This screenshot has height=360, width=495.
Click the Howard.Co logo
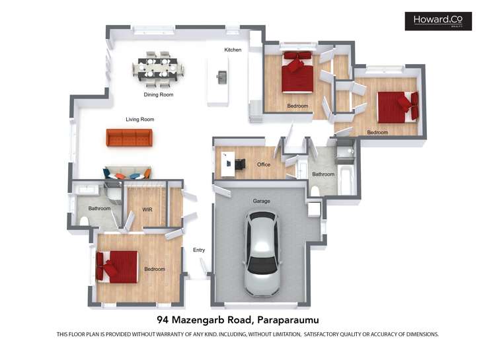click(438, 21)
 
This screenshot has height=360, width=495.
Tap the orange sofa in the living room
click(130, 137)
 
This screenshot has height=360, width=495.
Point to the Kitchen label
click(233, 50)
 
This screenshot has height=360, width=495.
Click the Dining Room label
click(159, 95)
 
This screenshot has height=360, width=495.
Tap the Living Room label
click(139, 120)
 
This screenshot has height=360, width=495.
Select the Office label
click(264, 164)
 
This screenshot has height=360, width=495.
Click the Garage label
click(262, 201)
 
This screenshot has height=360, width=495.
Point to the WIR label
click(147, 209)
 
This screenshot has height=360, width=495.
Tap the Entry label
click(199, 250)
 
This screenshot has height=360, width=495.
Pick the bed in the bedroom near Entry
click(117, 266)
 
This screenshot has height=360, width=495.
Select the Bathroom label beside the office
click(323, 174)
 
